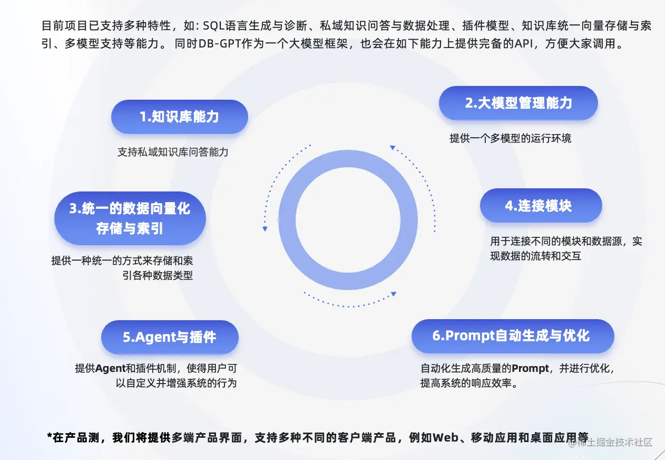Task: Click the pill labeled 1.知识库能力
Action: point(179,117)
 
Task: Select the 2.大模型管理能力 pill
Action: point(518,103)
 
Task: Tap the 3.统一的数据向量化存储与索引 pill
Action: point(130,218)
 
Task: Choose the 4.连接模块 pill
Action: point(540,206)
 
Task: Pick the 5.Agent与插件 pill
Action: point(170,337)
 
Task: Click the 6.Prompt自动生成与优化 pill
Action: point(512,336)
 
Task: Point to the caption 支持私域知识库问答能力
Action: point(173,152)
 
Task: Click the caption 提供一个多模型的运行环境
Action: point(510,138)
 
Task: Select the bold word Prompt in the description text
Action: point(530,368)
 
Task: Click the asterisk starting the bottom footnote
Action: point(50,437)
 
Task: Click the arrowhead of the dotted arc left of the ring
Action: point(265,228)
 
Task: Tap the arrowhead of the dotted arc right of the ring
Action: point(392,148)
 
